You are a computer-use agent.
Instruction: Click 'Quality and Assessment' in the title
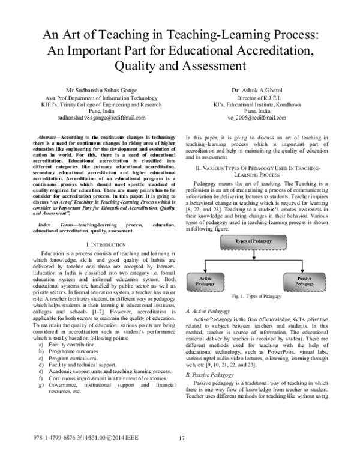pos(179,64)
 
